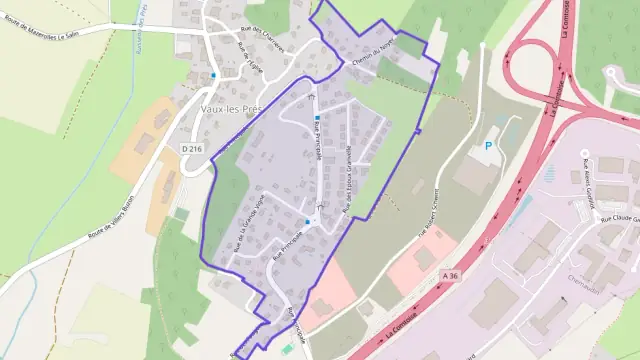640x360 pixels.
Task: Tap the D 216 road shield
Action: point(194,148)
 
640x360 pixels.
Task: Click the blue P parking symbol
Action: point(488,146)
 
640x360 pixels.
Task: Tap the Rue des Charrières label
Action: point(261,41)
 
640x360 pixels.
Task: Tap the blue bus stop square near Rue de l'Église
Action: point(213,75)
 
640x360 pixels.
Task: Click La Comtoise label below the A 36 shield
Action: point(405,325)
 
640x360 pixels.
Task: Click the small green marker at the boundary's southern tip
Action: point(288,347)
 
